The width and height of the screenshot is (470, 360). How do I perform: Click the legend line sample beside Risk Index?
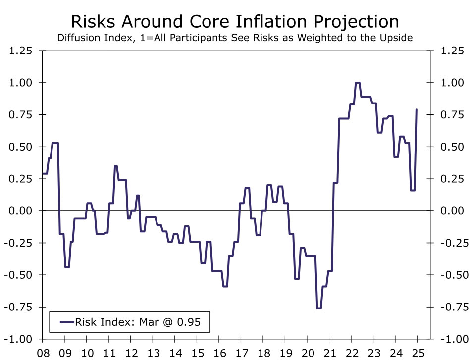pyautogui.click(x=66, y=322)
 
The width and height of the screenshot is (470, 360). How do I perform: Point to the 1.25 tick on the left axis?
pyautogui.click(x=21, y=51)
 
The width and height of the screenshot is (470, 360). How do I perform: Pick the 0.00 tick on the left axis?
pyautogui.click(x=21, y=211)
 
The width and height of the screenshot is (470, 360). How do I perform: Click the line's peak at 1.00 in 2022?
pyautogui.click(x=358, y=83)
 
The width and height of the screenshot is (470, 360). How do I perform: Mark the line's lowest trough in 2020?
pyautogui.click(x=319, y=308)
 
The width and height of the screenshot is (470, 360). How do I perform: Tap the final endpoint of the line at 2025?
pyautogui.click(x=417, y=109)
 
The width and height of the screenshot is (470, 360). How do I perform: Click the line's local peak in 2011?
pyautogui.click(x=115, y=166)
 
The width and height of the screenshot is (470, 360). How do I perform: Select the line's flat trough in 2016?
pyautogui.click(x=225, y=286)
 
